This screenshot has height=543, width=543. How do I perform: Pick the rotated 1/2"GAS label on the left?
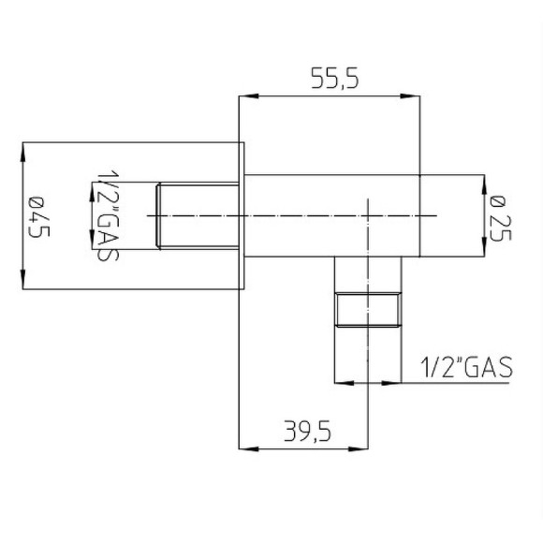click(106, 216)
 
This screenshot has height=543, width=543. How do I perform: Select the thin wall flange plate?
click(242, 215)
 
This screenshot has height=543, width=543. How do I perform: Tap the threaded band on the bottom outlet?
click(369, 308)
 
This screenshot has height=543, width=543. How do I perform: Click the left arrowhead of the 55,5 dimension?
click(246, 95)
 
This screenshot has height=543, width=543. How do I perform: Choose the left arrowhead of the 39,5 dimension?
click(246, 448)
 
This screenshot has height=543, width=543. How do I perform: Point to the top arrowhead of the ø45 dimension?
click(23, 149)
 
